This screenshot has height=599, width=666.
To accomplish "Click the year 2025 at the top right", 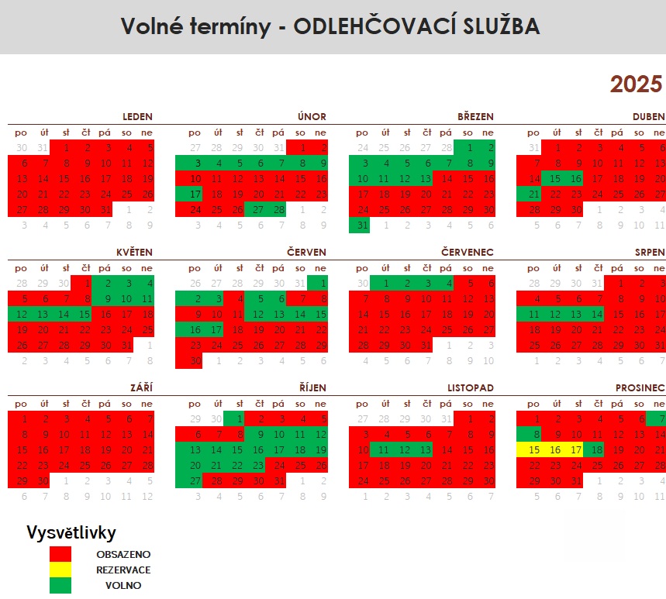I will [636, 84].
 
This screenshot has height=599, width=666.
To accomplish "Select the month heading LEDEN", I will [137, 117].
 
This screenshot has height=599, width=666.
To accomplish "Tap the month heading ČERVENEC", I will [468, 253].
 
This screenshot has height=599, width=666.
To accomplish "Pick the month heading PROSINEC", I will [640, 366].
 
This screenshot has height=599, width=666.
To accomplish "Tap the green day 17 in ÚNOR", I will [195, 194].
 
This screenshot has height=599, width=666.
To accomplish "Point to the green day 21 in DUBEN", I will [534, 194].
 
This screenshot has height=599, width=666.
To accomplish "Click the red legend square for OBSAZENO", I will [60, 554].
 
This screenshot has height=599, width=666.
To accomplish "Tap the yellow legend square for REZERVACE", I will [60, 570].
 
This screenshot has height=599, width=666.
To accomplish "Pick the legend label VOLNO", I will [123, 585].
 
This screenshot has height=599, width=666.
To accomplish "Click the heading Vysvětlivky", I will [71, 532].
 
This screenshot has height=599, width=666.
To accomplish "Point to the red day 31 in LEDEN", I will [106, 209].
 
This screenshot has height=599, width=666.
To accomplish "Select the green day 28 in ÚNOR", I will [278, 209].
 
